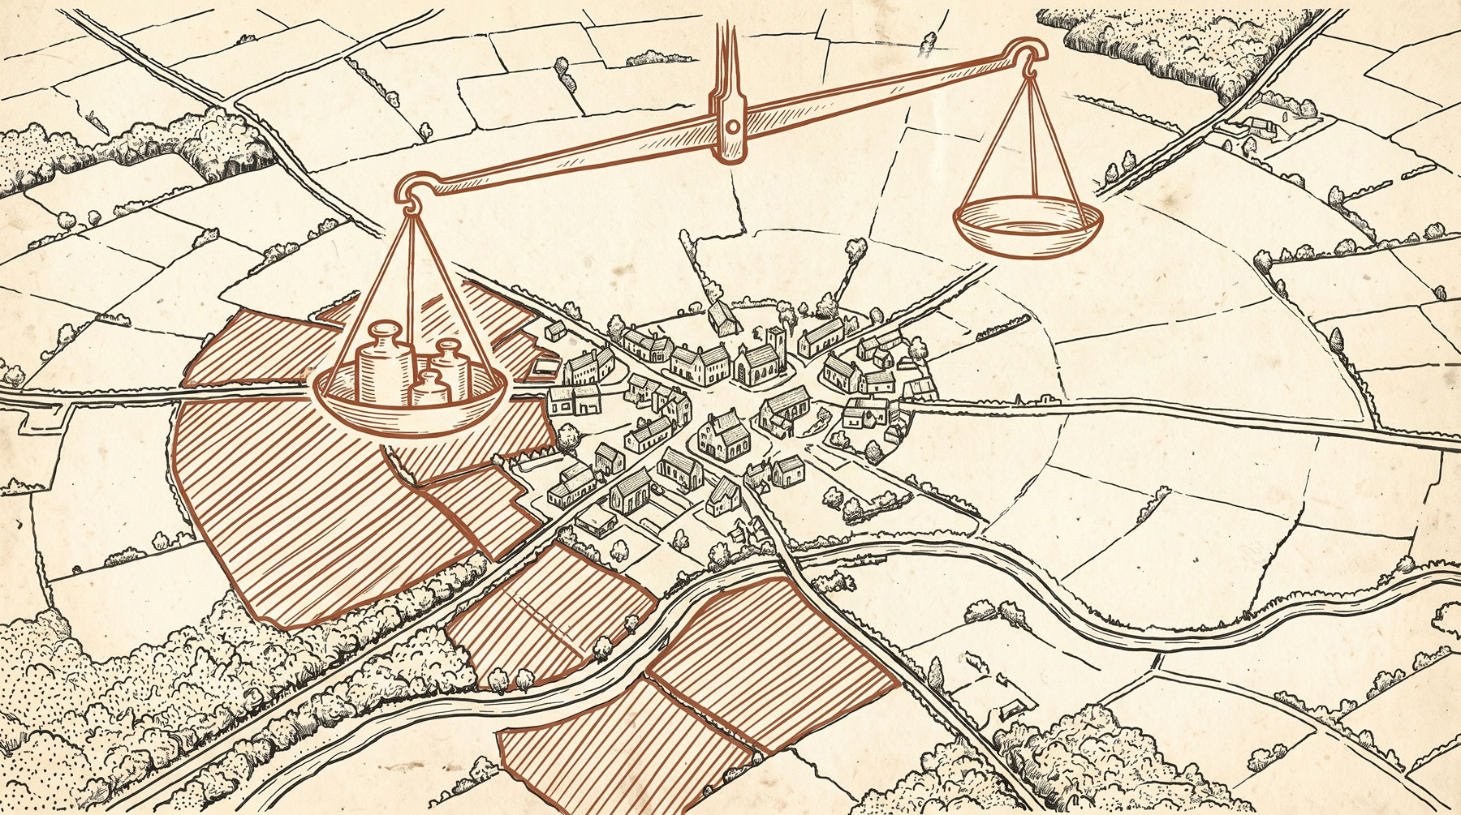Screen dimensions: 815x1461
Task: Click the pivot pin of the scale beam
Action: [732, 127]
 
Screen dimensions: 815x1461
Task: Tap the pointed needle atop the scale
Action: [721, 57]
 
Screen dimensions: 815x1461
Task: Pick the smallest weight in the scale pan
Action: [430, 388]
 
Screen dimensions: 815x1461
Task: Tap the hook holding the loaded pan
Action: [411, 203]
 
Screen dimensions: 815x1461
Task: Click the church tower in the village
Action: [773, 341]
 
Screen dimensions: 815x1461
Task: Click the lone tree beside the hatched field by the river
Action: [602, 646]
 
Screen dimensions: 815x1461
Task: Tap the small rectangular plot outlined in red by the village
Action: [542, 369]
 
